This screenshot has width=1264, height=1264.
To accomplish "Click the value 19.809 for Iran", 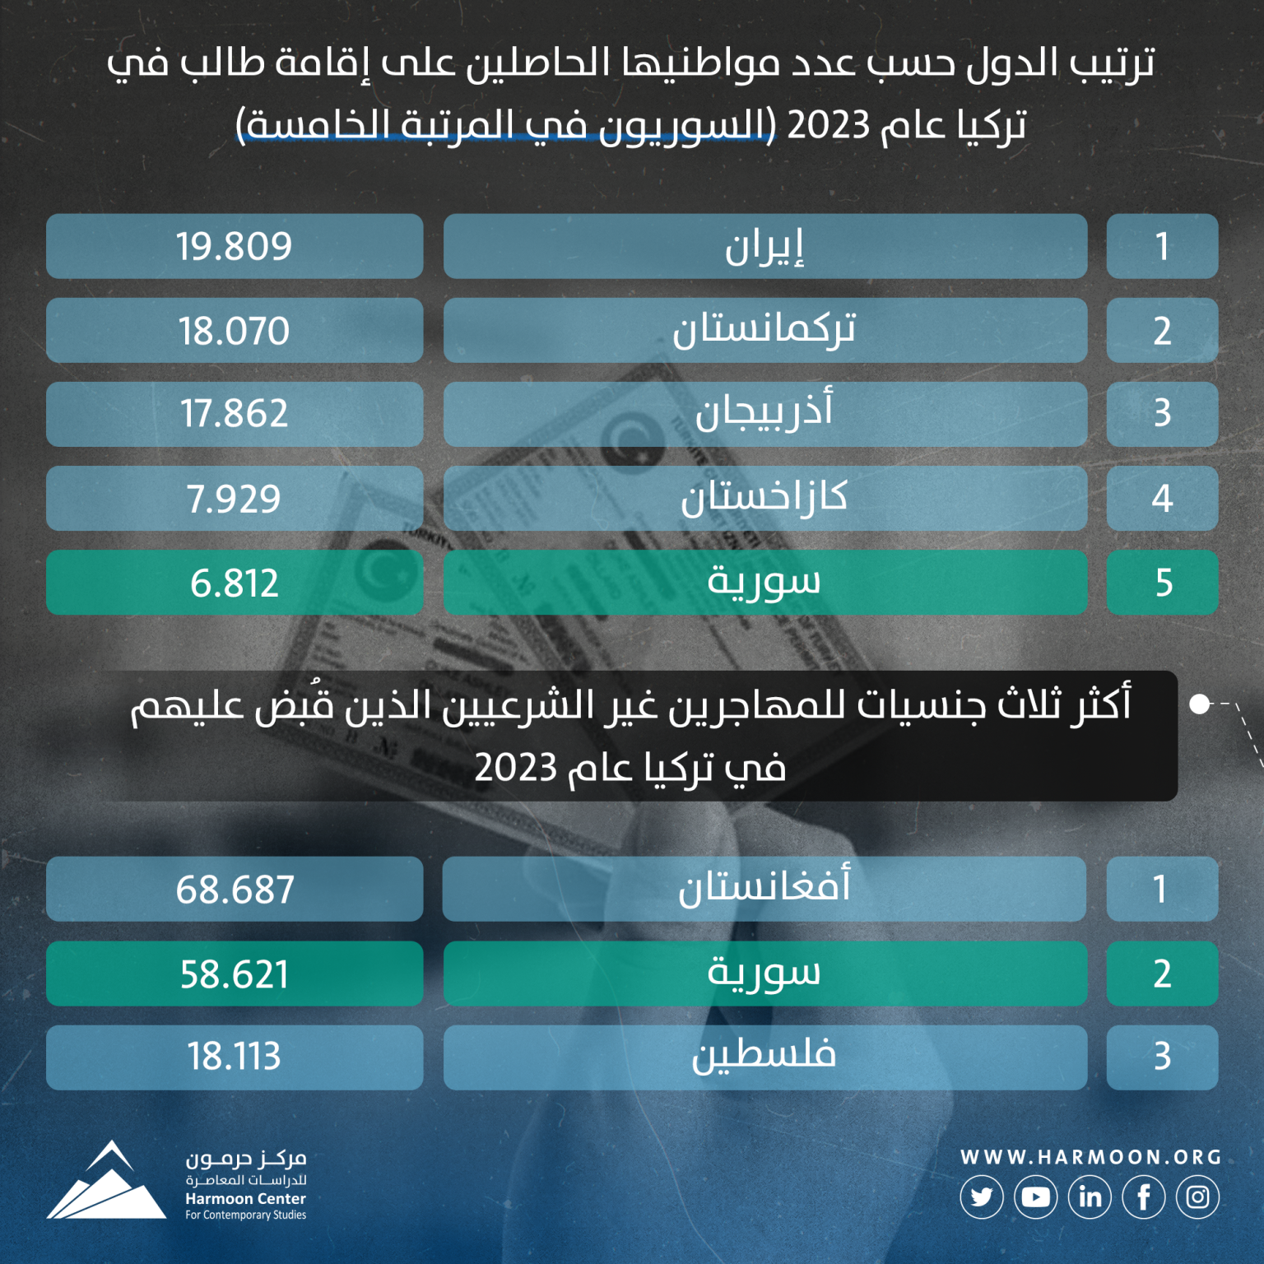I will [x=235, y=246].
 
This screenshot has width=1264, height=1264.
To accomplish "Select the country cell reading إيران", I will [x=764, y=246].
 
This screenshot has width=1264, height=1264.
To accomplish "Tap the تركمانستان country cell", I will [x=764, y=330].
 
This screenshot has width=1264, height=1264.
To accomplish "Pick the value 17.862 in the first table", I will [x=235, y=414].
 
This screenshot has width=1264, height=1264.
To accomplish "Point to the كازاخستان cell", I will [x=764, y=498].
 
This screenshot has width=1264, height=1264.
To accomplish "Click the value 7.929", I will [x=235, y=498].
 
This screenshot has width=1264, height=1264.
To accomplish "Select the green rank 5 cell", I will [x=1162, y=582].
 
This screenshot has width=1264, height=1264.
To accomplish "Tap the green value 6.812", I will [x=235, y=582].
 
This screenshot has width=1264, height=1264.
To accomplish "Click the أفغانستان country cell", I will [x=764, y=889].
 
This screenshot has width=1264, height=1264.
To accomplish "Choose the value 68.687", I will [x=235, y=889].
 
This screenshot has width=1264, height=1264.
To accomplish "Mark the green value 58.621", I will [x=235, y=974].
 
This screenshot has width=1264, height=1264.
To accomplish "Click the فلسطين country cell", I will [x=764, y=1057].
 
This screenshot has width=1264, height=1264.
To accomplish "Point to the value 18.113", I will [x=235, y=1057].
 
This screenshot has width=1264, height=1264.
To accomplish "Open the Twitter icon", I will [x=981, y=1197].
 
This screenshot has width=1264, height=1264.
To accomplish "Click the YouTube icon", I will [x=1035, y=1197].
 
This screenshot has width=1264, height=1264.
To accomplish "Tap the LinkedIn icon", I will [x=1090, y=1197].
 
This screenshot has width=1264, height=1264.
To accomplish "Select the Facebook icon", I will [x=1144, y=1197].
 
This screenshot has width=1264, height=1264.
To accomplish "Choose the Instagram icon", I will [x=1197, y=1197].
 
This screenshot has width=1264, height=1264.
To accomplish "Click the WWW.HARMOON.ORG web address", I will [x=1090, y=1157].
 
